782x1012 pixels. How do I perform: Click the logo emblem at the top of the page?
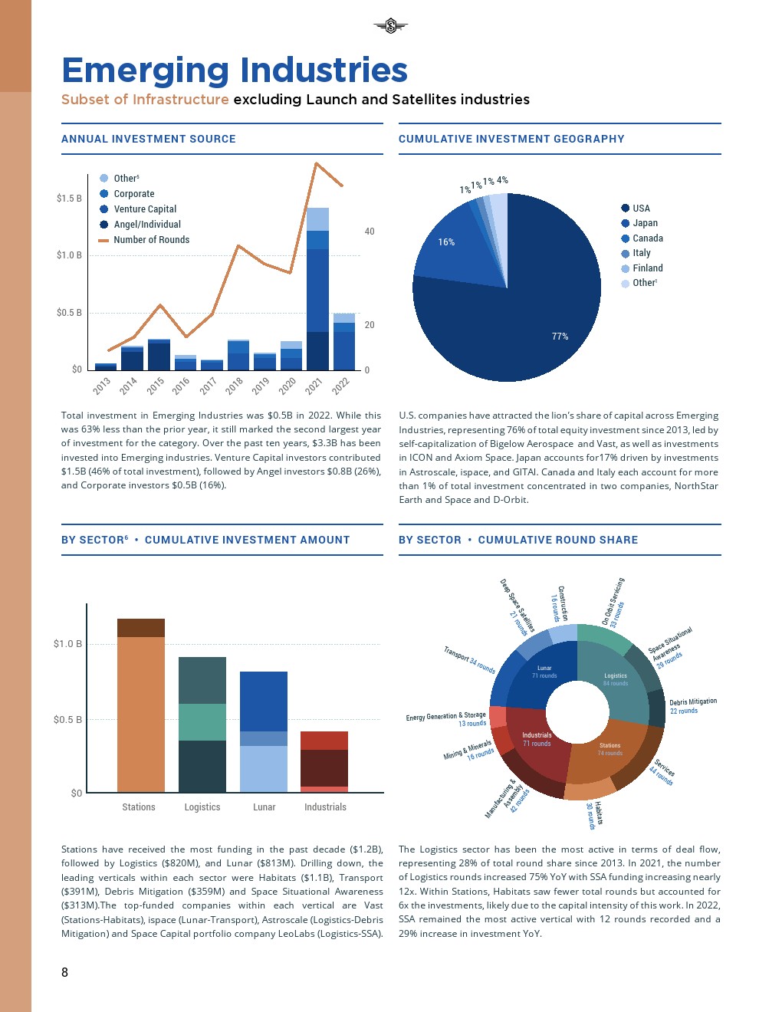pos(390,27)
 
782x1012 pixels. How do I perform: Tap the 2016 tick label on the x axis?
pos(181,386)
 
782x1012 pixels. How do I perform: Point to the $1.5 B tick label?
pos(69,199)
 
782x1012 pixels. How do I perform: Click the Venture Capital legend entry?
pos(144,209)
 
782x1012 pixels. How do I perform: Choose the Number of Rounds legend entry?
pos(151,240)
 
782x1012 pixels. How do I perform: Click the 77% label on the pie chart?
pos(560,337)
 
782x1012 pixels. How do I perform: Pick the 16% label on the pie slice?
pos(446,242)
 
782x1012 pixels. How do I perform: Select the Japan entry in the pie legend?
pos(644,223)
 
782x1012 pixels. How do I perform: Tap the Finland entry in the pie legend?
pos(647,268)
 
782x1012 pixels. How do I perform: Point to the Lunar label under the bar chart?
pos(264,807)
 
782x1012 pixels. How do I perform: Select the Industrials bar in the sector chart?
pos(324,761)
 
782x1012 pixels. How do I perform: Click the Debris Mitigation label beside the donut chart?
pos(692,702)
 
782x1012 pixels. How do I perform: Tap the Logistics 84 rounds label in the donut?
pos(615,679)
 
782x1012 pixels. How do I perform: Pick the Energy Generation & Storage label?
pos(445,716)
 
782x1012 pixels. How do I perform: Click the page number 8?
pos(64,972)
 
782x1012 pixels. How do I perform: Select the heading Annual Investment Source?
pos(149,139)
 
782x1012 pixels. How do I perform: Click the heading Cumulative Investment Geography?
pos(511,139)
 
